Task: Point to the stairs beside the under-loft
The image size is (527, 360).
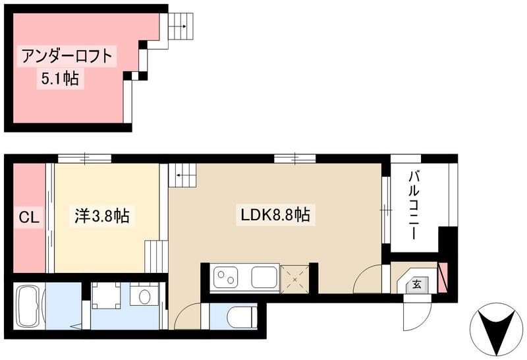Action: (179, 27)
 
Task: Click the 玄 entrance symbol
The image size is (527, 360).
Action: (417, 284)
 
